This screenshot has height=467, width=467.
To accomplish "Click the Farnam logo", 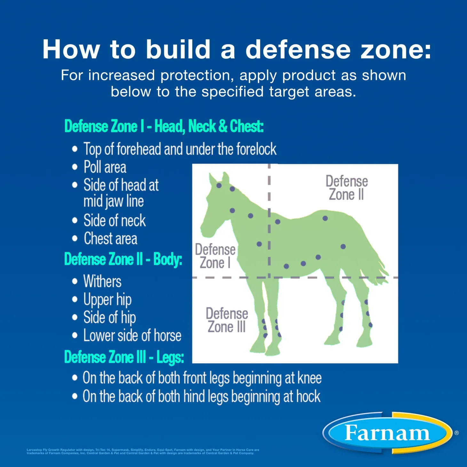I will pos(387,433).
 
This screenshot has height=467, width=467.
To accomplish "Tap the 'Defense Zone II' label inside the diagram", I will pos(346,188).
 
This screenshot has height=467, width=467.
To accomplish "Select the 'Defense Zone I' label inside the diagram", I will pos(215,256).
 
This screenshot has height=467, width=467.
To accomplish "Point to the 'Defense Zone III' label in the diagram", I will pos(227,320).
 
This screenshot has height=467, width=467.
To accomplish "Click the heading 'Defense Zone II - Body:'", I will pos(123,259).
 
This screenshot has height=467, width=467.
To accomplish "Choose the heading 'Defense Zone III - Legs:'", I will pos(124,357).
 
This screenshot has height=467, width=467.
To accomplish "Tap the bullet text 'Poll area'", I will pos(105,167).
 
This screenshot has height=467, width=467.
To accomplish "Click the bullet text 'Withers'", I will pos(102,281).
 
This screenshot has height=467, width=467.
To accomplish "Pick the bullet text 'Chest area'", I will pos(111,239).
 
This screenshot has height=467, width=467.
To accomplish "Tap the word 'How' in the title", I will pos(71,50).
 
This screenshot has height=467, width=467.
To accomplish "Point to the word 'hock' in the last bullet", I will pos(308,397).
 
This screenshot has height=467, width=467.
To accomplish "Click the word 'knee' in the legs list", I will pos(309,378).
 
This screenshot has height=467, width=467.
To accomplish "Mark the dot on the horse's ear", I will pos(219,186).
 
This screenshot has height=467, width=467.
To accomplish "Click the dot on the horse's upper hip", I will pos(325,218).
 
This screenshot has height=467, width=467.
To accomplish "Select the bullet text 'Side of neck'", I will pos(115,221).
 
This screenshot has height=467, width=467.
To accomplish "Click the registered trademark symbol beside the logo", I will pos(456,433).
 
